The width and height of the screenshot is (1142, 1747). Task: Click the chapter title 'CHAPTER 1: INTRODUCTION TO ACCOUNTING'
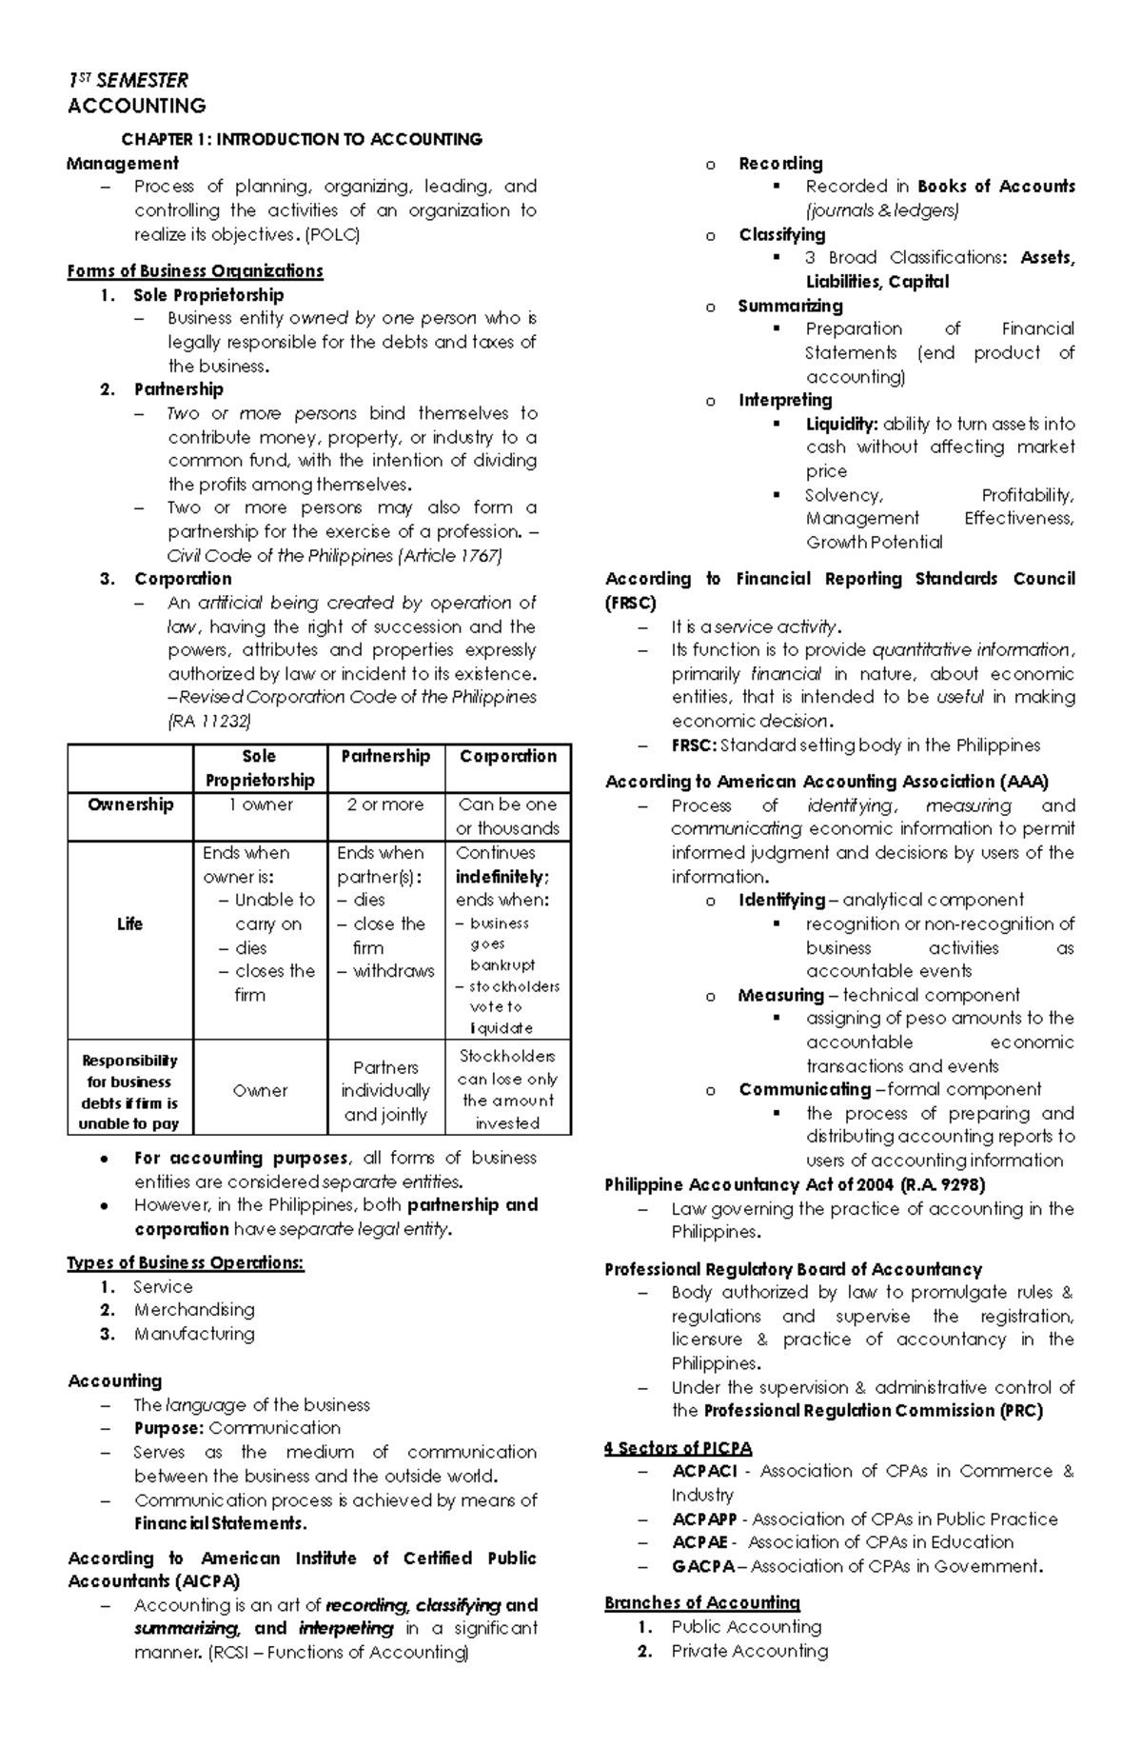click(x=301, y=140)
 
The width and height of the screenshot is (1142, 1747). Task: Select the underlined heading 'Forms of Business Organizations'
click(x=195, y=271)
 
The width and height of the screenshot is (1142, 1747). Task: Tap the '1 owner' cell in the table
click(x=260, y=804)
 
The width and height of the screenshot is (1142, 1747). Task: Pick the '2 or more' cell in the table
click(x=385, y=804)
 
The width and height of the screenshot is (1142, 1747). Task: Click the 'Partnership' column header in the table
click(x=385, y=756)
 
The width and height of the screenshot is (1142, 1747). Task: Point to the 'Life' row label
click(x=129, y=923)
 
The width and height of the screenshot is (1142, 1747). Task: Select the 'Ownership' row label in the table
click(x=130, y=804)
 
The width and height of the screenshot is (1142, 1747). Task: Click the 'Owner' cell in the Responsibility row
click(x=260, y=1091)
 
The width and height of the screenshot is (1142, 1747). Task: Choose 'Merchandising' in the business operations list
click(x=194, y=1310)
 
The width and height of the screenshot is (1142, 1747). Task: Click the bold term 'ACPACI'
click(x=704, y=1472)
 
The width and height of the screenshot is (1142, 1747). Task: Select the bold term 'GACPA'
click(x=703, y=1566)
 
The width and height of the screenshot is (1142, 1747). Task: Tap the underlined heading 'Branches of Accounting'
click(x=702, y=1603)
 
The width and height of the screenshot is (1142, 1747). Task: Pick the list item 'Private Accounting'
click(x=750, y=1651)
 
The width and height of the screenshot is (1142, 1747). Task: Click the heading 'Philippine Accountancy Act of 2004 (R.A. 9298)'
click(x=795, y=1185)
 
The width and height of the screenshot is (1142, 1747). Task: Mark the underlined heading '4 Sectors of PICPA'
click(x=678, y=1449)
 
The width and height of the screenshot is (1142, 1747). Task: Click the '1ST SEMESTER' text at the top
click(x=128, y=81)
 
